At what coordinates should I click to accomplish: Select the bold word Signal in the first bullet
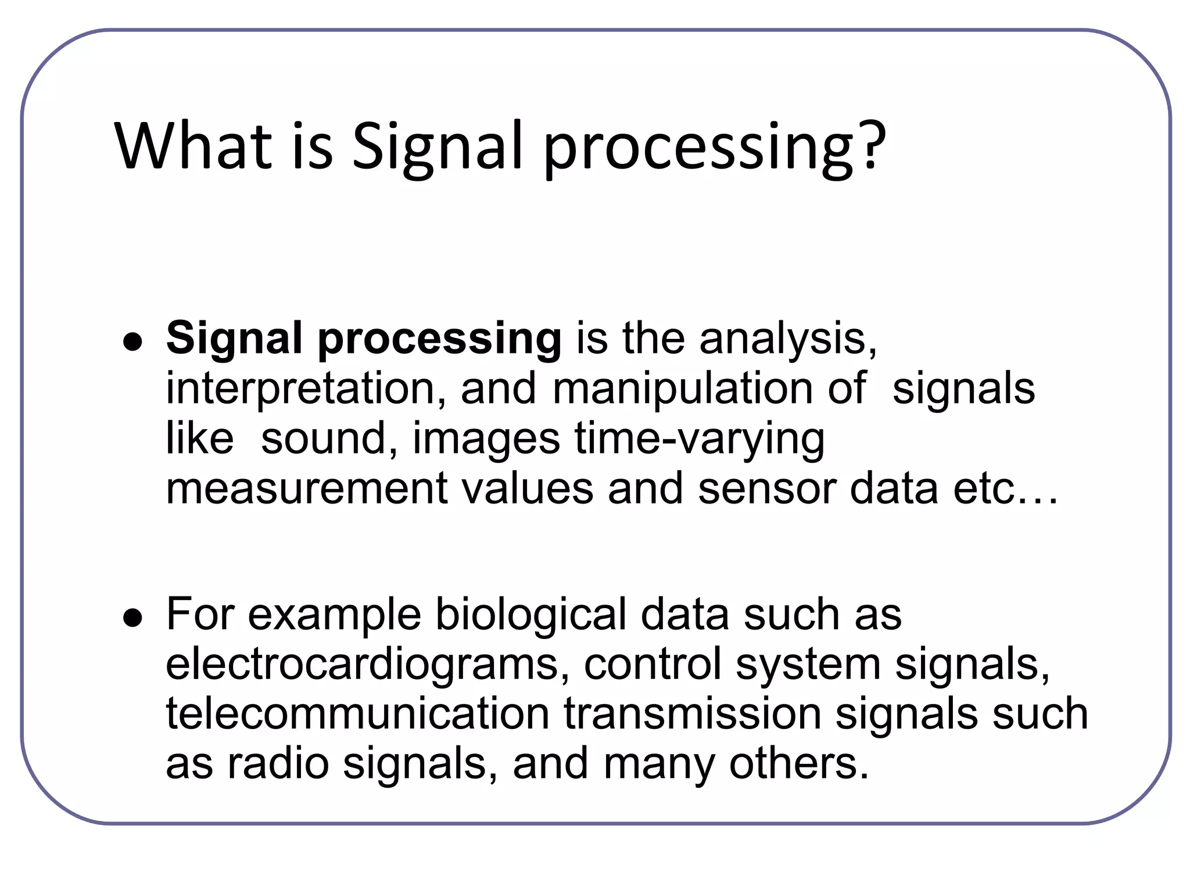[x=234, y=339]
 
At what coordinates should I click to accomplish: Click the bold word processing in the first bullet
[x=439, y=339]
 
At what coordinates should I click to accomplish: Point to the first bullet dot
[x=133, y=342]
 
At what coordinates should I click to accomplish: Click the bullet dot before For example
[x=133, y=619]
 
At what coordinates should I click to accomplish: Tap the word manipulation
[x=682, y=388]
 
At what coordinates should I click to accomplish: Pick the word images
[x=486, y=440]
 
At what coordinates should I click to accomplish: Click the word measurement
[x=306, y=488]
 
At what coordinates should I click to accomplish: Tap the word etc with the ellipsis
[x=1005, y=488]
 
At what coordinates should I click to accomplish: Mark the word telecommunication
[x=357, y=714]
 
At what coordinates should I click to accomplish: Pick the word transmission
[x=691, y=714]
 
